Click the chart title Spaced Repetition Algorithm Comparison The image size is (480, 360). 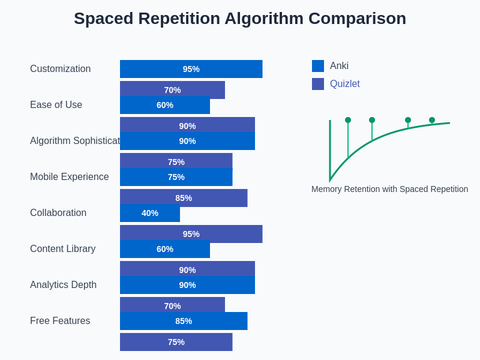240,19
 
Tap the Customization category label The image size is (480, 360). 60,69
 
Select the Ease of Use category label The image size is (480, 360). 56,105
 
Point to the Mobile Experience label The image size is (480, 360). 69,177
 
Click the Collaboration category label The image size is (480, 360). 58,213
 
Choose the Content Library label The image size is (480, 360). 62,249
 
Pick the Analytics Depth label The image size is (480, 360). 63,285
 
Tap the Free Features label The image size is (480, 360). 60,321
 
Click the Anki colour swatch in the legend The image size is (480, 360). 318,66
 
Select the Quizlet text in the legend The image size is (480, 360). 345,84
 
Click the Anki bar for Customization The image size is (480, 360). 191,69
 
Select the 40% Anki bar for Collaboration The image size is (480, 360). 150,213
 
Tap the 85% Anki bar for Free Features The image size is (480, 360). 184,321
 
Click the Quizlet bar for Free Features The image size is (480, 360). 176,342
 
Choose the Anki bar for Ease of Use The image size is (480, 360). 165,105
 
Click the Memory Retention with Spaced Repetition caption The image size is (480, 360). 389,189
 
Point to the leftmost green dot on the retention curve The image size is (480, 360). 348,120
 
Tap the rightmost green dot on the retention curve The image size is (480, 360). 432,120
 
